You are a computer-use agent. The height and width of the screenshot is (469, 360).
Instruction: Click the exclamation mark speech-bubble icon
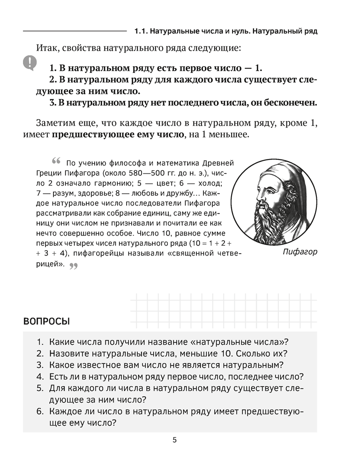30,62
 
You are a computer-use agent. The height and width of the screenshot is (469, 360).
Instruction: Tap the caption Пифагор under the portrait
300,252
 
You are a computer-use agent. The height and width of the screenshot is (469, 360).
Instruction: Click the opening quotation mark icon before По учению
57,161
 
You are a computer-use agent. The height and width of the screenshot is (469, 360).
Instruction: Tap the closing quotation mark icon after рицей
73,266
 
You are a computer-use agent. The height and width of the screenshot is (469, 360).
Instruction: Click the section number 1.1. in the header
142,32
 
